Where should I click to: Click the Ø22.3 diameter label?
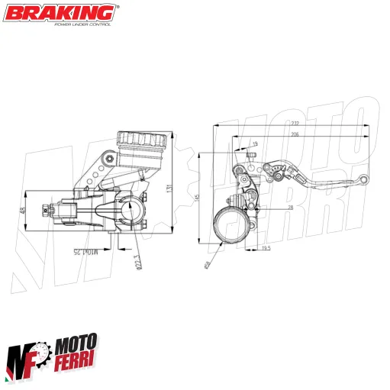click(137, 261)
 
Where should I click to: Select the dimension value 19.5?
click(266, 248)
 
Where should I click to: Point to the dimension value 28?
click(269, 207)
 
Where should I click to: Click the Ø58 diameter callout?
click(208, 263)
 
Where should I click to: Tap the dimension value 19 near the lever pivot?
click(255, 143)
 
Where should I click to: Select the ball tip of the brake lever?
click(364, 180)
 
